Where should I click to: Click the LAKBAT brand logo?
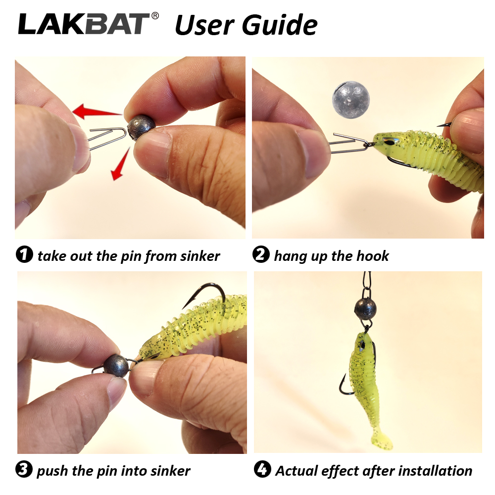click(x=84, y=24)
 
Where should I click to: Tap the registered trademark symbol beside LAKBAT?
click(x=155, y=16)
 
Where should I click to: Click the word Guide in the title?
click(x=280, y=25)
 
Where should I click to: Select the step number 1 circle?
click(x=24, y=254)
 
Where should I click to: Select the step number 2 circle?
click(x=261, y=254)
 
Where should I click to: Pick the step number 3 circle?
click(x=24, y=469)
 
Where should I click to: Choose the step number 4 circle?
click(x=262, y=469)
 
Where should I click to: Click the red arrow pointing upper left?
click(x=97, y=111)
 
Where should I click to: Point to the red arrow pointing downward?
click(x=120, y=164)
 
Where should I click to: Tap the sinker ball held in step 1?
click(x=141, y=127)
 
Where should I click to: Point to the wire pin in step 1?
click(x=107, y=138)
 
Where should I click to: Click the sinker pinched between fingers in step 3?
click(x=116, y=366)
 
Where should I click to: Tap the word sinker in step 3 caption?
click(x=170, y=471)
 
